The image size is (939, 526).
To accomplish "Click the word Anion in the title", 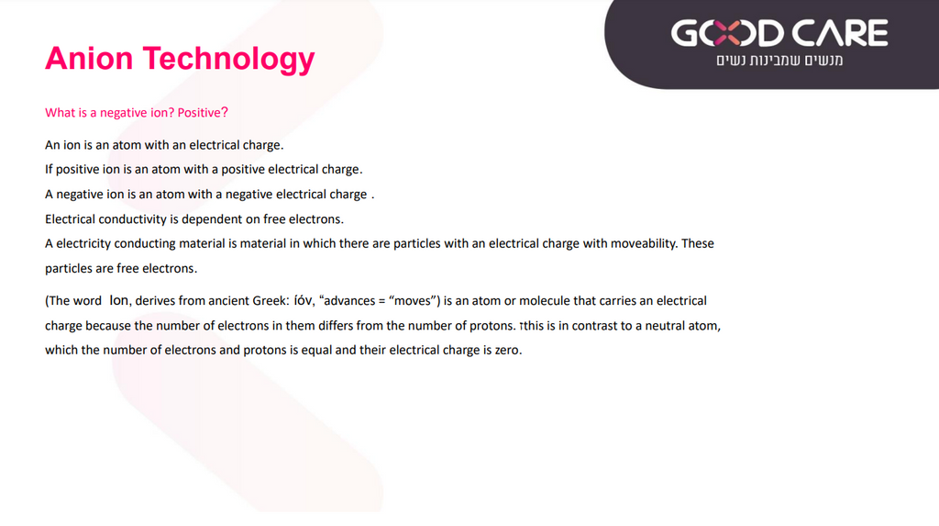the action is tap(89, 58).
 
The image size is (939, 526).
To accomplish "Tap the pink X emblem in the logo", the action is tap(727, 33).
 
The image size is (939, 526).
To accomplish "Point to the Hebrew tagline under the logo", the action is tap(779, 60).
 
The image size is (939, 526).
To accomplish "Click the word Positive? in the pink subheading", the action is tap(203, 113).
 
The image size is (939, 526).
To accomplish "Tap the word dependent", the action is tap(212, 219).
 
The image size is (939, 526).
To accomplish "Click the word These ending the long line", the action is tap(698, 243).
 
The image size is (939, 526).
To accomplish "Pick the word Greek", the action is tap(271, 301).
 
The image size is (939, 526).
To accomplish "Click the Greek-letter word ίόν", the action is tap(303, 300).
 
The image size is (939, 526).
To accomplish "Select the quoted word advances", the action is tap(349, 301).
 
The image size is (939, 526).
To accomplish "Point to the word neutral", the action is tap(665, 326).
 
